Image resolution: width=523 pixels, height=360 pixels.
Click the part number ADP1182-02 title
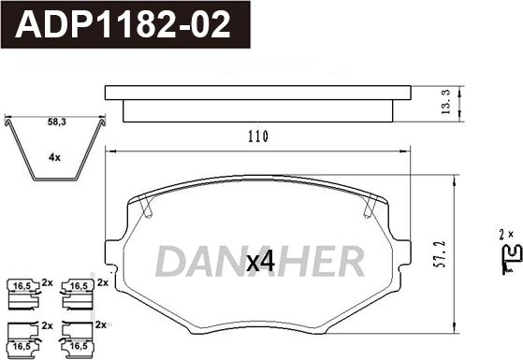click(123, 24)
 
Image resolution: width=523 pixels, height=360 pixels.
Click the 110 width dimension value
click(258, 137)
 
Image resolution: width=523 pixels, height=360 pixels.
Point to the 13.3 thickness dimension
click(445, 102)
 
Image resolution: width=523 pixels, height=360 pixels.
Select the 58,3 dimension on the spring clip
click(57, 122)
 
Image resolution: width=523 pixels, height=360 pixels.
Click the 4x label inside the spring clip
click(54, 157)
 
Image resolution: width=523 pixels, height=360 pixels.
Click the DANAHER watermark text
click(259, 261)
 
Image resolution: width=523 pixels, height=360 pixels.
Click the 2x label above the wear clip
click(506, 235)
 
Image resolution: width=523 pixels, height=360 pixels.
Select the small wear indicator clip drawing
click(512, 259)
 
